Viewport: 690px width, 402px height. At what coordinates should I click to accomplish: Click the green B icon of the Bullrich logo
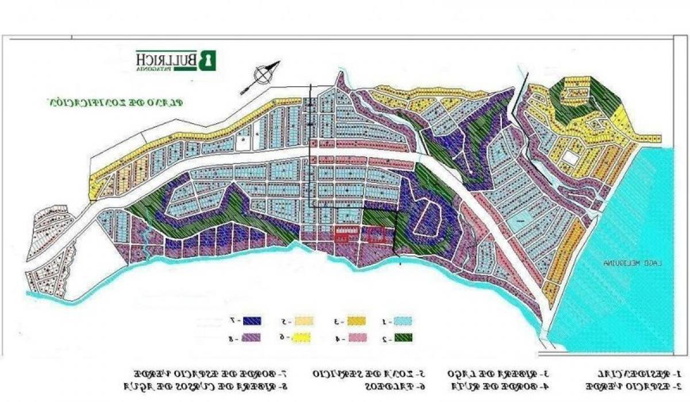pos(208,60)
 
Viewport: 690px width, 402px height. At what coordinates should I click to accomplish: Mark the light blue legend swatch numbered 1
pos(405,321)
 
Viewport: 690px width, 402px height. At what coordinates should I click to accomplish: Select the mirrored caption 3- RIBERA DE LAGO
pos(492,373)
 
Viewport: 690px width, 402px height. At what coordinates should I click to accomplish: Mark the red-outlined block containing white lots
pos(346,233)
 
